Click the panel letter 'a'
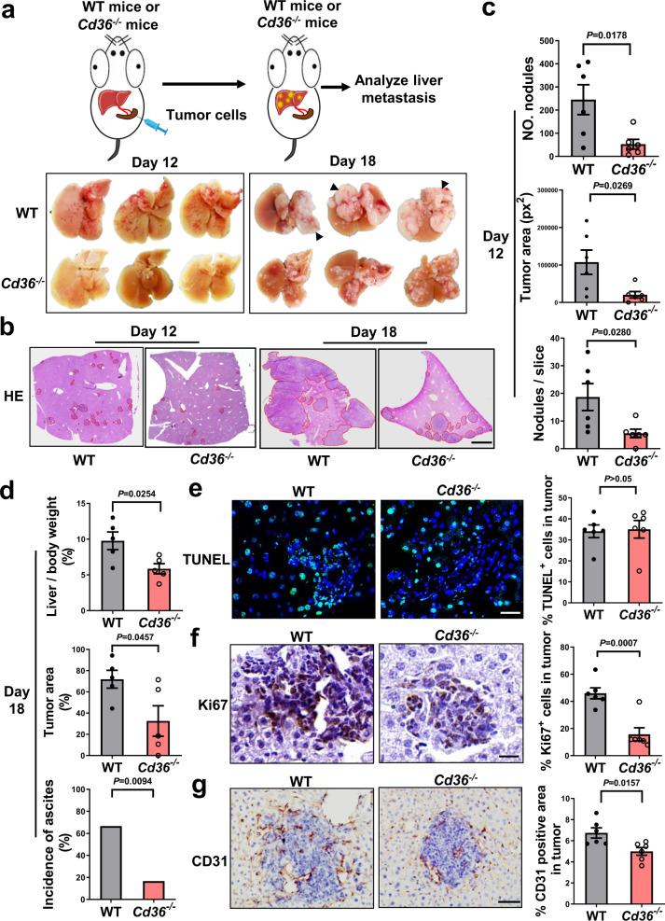tap(13, 14)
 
